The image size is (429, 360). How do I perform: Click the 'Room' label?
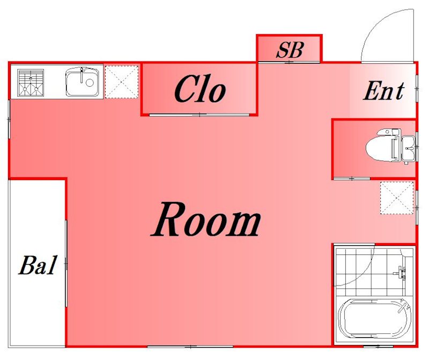coord(206,219)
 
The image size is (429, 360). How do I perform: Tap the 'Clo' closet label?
coord(200,89)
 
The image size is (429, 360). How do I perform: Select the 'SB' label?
coord(290,50)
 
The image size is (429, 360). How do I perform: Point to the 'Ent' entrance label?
coord(383,91)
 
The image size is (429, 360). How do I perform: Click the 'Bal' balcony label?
coord(38,265)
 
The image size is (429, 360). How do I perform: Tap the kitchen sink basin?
coord(83,81)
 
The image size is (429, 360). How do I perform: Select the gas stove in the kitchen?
coord(31,82)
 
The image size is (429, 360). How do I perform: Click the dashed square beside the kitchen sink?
coord(122,82)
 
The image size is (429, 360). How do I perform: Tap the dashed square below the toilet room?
coord(397,198)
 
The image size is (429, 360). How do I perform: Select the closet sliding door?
coord(199,115)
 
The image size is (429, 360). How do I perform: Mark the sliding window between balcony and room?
coord(66,264)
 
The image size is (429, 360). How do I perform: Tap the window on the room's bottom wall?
coord(190,347)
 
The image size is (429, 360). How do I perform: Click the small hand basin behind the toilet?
coord(408,148)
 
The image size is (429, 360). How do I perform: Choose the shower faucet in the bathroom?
coord(400,273)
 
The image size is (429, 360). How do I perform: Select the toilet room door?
coord(352,178)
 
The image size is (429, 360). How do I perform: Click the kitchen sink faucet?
coord(82,76)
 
